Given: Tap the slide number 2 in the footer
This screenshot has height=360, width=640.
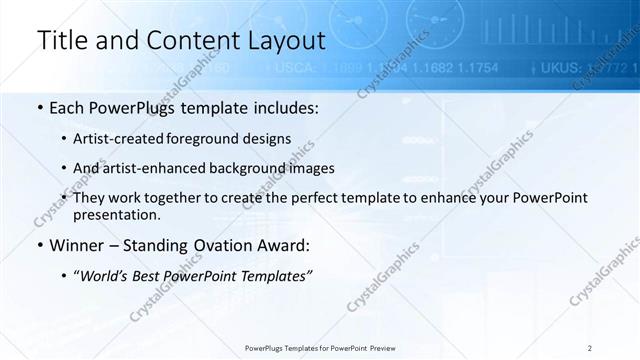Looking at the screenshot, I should point(590,347).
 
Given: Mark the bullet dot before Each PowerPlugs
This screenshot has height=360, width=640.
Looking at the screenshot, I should point(39,107).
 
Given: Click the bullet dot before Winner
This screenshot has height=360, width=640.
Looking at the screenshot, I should point(39,246).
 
